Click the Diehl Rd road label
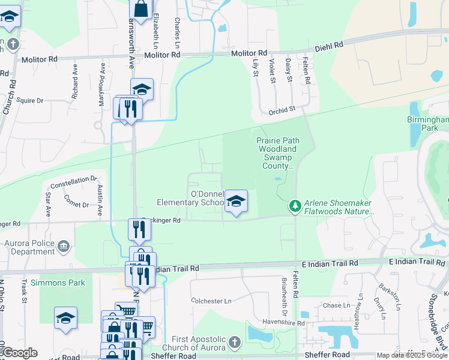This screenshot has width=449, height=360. [x=330, y=45]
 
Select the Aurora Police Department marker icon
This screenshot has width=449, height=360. [x=64, y=246]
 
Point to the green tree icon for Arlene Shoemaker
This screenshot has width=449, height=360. [x=295, y=206]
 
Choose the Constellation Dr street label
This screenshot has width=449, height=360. [x=74, y=180]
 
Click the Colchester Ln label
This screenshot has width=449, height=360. [x=211, y=301]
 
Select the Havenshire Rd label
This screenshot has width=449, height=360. [x=284, y=323]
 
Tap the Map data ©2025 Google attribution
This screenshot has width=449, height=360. [x=412, y=356]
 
